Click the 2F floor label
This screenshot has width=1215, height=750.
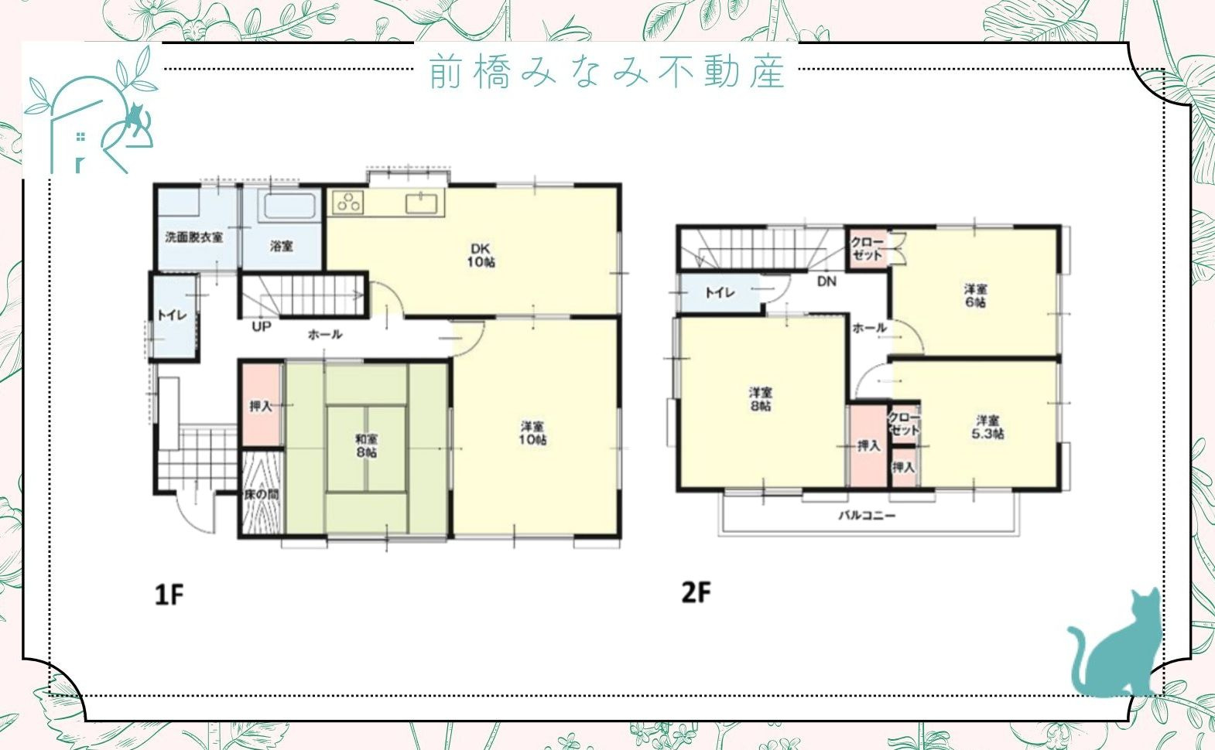tap(695, 592)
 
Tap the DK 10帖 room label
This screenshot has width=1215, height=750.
tap(481, 256)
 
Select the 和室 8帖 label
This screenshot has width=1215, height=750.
tap(366, 445)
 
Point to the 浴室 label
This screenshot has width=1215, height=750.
tap(282, 246)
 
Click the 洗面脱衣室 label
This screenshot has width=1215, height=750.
tap(194, 237)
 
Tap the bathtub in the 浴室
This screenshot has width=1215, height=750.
tap(290, 206)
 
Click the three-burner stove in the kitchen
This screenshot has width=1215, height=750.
tap(348, 203)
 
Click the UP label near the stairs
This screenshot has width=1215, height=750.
tap(262, 327)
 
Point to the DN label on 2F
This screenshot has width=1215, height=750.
tap(827, 281)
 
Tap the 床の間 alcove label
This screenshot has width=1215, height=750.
tap(262, 494)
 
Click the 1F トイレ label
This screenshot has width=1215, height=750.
tap(172, 315)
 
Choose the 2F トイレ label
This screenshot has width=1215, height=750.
tap(719, 292)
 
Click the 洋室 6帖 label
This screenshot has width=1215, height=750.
tap(975, 295)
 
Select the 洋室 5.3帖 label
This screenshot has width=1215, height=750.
tap(987, 427)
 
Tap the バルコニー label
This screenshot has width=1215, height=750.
tap(867, 515)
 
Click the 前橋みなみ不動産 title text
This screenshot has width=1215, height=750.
tap(607, 72)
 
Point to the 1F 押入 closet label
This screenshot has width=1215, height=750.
tap(261, 406)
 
